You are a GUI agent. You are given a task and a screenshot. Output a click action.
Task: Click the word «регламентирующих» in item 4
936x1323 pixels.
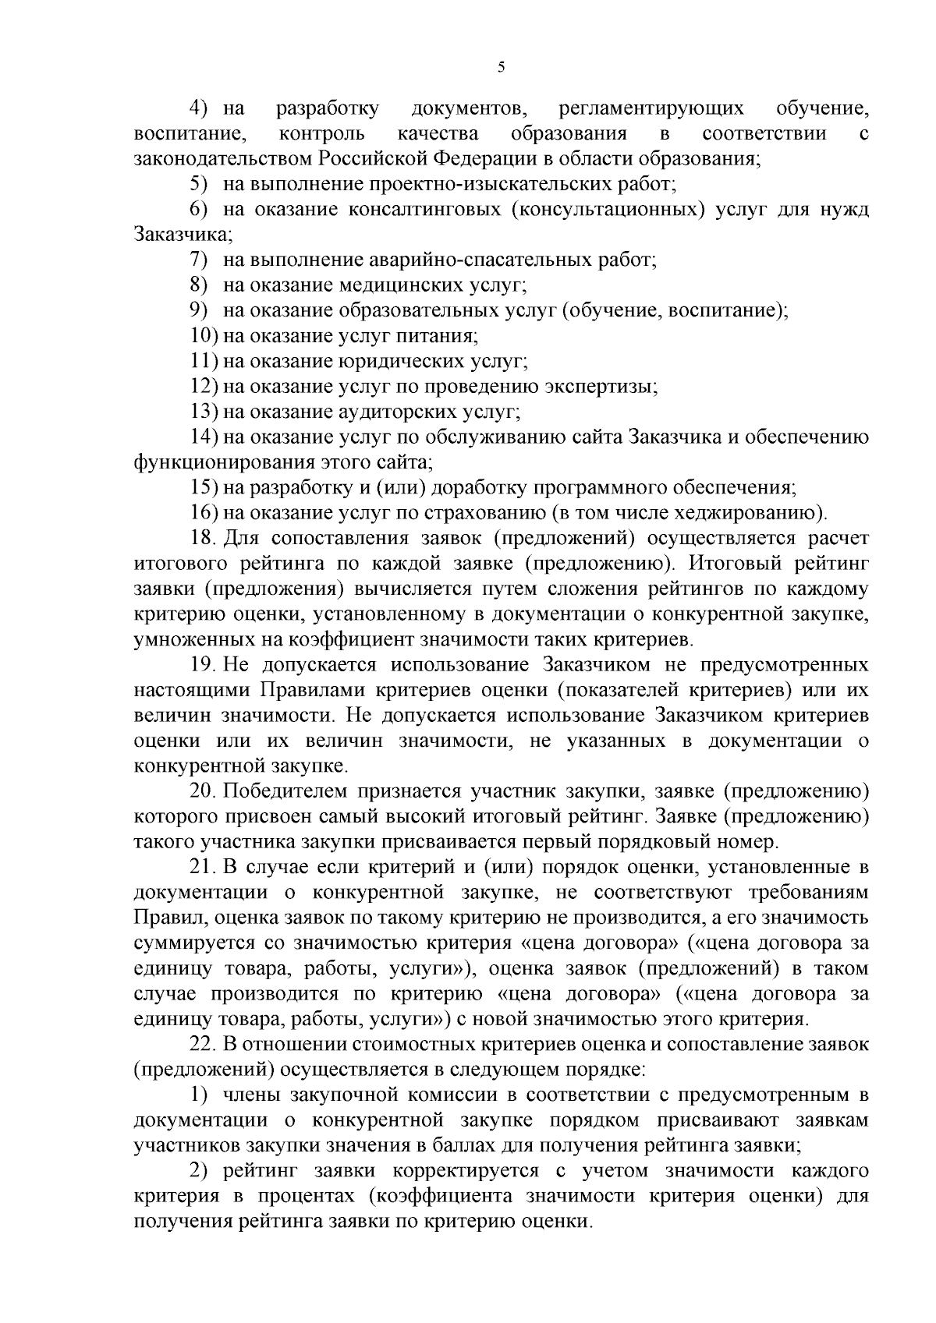651,108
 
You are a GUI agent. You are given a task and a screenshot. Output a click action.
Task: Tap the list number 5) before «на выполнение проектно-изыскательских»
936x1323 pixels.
199,184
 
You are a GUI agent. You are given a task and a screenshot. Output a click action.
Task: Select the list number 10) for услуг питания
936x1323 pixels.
204,335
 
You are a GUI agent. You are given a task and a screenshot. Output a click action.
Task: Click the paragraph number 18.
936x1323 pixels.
204,538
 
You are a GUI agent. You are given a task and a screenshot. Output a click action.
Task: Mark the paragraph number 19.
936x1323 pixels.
204,665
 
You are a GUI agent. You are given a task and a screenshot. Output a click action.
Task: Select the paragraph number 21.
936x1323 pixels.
204,868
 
